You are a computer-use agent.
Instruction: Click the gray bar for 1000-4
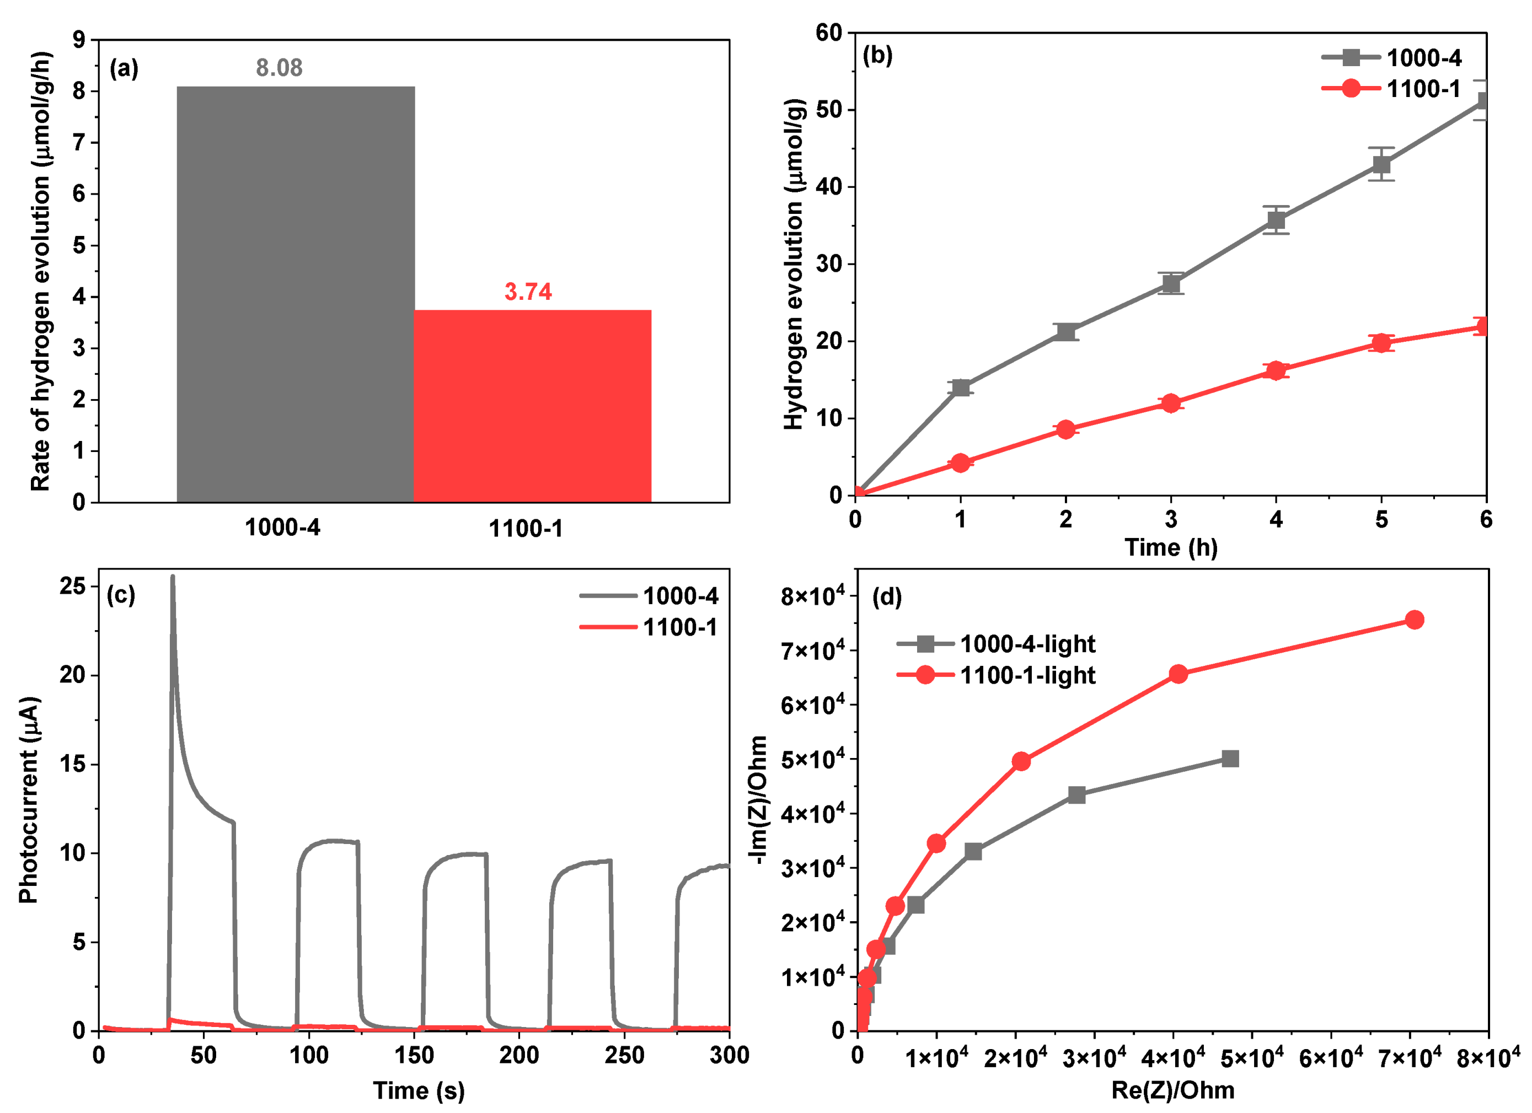295,294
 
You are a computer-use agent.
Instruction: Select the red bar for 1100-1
532,405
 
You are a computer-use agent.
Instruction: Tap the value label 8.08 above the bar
279,68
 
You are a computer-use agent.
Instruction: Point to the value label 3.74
528,292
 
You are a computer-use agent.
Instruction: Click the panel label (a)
124,68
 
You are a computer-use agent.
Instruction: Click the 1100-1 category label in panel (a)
526,529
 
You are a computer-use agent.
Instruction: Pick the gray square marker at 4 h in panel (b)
1276,220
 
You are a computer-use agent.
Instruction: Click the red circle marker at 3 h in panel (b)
1171,403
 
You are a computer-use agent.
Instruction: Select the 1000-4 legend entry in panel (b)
1391,58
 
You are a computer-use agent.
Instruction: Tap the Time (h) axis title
1171,547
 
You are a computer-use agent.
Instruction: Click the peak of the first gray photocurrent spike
172,577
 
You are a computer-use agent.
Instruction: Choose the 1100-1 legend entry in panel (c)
649,627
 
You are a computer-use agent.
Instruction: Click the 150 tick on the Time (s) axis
414,1055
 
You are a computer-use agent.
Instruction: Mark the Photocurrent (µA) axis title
28,800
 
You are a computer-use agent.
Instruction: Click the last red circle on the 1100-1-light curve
1414,620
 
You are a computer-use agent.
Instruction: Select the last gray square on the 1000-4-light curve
1230,759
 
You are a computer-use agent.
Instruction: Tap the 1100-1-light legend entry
997,675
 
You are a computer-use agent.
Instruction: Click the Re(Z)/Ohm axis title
1172,1090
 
